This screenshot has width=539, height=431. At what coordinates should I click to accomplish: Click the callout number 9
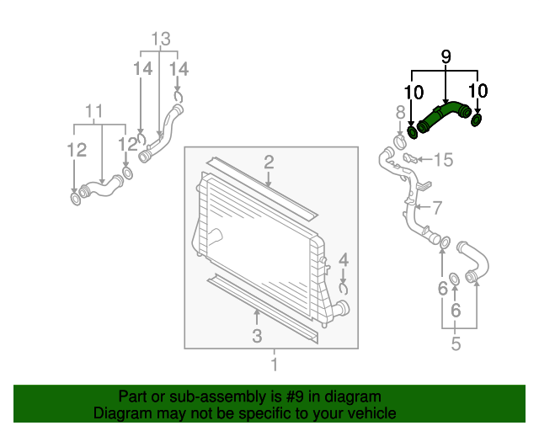tap(446, 56)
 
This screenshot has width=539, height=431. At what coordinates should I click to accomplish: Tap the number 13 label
tap(161, 39)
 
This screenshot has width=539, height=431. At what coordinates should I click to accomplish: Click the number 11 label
tap(93, 111)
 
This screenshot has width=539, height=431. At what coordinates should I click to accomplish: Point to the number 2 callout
tap(269, 162)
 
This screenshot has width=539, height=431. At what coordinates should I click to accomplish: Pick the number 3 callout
tap(257, 336)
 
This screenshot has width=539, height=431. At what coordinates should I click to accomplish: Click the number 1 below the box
tap(274, 364)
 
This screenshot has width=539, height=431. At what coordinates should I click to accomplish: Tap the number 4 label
tap(344, 260)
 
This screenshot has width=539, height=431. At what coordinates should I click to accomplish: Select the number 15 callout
tap(444, 160)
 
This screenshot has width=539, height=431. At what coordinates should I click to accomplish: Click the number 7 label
tap(436, 208)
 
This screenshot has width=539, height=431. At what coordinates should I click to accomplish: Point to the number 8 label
tap(401, 113)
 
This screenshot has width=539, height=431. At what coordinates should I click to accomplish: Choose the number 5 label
tap(456, 343)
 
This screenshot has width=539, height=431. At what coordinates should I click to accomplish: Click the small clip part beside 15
tap(410, 157)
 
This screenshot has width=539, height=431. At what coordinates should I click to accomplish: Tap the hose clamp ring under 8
tap(400, 141)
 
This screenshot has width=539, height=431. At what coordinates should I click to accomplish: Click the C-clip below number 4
tap(343, 289)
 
